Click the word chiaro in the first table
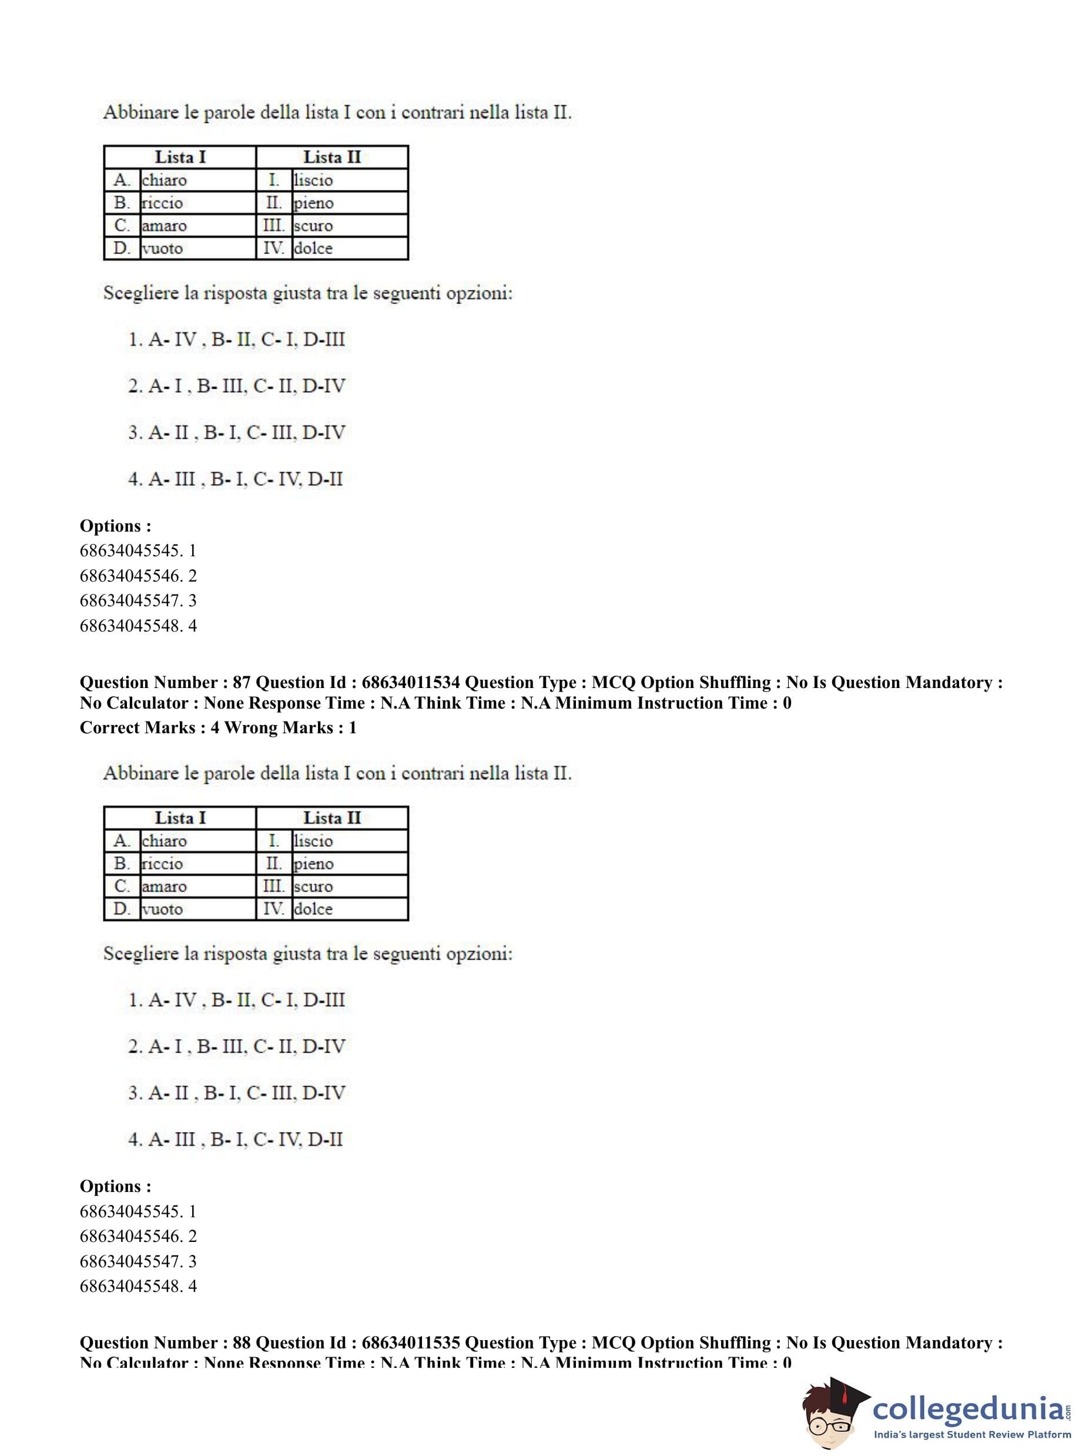click(164, 181)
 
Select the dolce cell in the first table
click(313, 248)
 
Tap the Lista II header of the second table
click(332, 818)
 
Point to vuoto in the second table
click(163, 909)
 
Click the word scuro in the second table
click(313, 887)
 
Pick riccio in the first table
click(162, 203)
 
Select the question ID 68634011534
click(411, 682)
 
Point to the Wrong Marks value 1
click(353, 727)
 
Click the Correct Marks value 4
click(215, 727)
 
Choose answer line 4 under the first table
click(235, 479)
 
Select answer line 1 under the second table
click(236, 1000)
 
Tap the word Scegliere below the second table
click(140, 954)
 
